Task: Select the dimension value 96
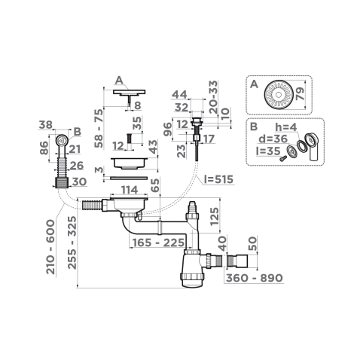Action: click(x=168, y=129)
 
